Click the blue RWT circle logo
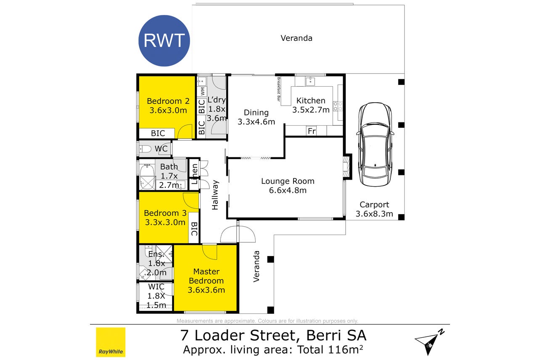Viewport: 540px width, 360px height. [x=164, y=41]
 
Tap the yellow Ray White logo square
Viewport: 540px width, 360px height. [x=111, y=342]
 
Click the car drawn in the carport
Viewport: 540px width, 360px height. [x=375, y=144]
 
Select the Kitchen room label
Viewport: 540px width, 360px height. [x=311, y=101]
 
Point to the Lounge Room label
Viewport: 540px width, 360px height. [x=288, y=181]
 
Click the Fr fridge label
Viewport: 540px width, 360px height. [x=312, y=131]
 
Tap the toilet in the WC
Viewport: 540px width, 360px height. [x=146, y=149]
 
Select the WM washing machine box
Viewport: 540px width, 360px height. [x=202, y=91]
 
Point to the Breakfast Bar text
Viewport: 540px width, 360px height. [x=279, y=89]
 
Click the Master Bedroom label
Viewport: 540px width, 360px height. [x=206, y=276]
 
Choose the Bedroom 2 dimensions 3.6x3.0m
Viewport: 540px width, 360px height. [x=168, y=111]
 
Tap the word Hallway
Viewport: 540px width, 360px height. [x=215, y=195]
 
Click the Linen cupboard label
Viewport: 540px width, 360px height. [x=194, y=174]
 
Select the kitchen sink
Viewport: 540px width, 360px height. [x=310, y=81]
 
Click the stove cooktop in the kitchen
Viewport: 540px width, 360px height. [x=338, y=106]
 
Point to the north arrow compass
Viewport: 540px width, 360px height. [x=429, y=341]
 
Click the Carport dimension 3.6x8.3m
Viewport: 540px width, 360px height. [x=374, y=214]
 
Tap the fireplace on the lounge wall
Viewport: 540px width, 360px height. [x=346, y=167]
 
